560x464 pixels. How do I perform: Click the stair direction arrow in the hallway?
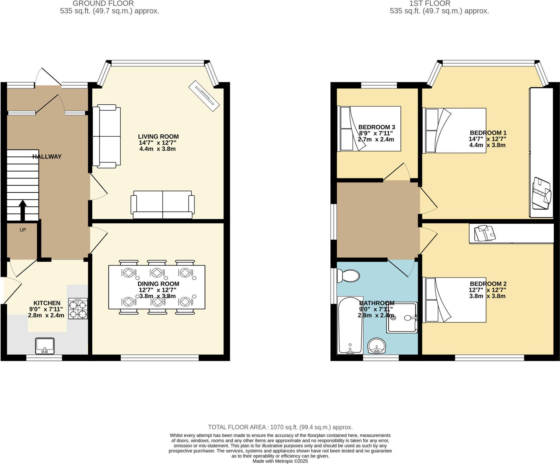(x=23, y=210)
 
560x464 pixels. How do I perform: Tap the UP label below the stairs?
(x=23, y=230)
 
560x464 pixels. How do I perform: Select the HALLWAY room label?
(x=47, y=157)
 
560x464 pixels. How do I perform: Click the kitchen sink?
(x=45, y=346)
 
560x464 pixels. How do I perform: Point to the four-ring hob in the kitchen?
(x=78, y=309)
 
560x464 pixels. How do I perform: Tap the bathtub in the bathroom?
(x=350, y=325)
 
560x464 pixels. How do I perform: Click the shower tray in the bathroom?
(x=402, y=318)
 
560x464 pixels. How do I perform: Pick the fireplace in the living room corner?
(x=204, y=96)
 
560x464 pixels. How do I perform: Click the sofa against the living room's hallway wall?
(x=106, y=136)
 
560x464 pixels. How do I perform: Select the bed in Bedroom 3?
(x=370, y=129)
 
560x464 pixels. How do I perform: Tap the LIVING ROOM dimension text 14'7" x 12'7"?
(x=157, y=143)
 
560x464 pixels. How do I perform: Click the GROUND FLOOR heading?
(x=103, y=4)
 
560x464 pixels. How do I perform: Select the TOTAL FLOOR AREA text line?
(x=280, y=427)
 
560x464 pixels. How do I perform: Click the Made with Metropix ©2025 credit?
(x=280, y=461)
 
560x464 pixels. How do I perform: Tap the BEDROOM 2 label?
(x=488, y=284)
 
